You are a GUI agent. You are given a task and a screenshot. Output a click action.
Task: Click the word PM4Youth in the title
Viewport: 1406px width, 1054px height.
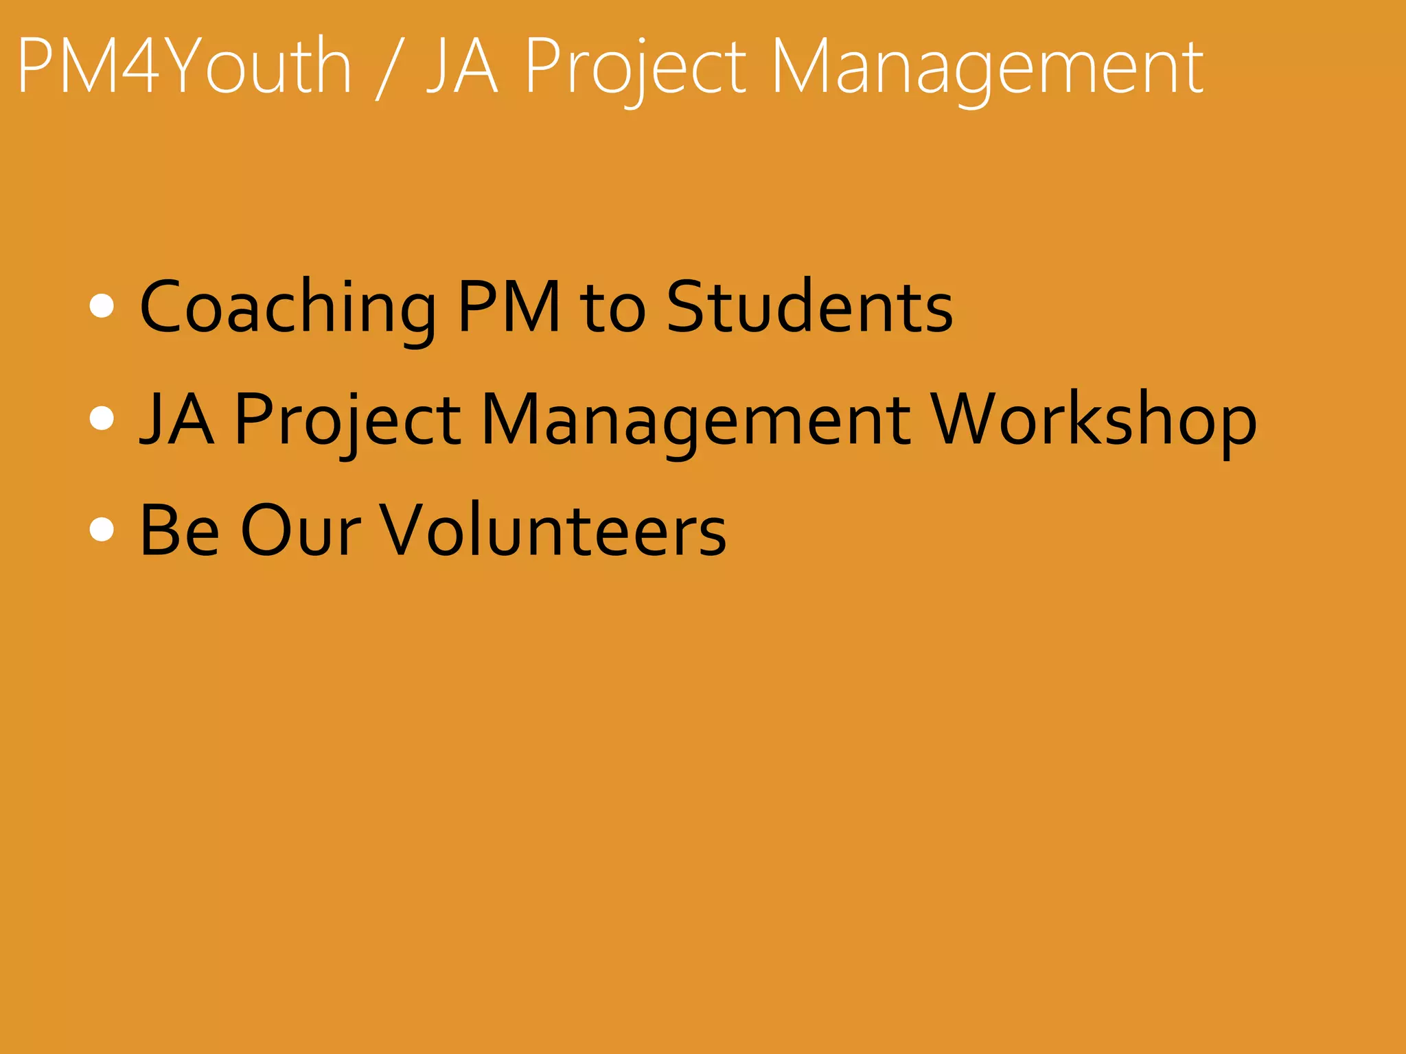coord(184,67)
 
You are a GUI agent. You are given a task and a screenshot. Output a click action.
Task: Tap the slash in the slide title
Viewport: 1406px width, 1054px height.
coord(389,69)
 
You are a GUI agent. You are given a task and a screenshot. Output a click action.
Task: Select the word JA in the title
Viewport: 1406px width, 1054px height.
coord(462,67)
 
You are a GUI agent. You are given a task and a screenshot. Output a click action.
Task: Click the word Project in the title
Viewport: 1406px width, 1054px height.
coord(635,69)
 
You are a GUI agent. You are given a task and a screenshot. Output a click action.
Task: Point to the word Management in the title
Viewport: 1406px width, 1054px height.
coord(987,69)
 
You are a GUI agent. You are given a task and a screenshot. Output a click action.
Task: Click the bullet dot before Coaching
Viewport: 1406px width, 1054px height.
coord(102,306)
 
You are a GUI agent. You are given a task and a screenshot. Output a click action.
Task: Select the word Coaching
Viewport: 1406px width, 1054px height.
coord(288,307)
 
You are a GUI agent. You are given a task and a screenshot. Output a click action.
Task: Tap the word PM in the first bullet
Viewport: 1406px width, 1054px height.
coord(509,307)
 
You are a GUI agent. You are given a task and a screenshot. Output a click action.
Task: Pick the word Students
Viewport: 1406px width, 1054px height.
coord(809,307)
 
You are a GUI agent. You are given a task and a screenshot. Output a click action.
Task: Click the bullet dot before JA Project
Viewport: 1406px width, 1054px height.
coord(102,418)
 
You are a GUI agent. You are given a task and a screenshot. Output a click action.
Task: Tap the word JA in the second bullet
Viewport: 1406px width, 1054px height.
coord(176,419)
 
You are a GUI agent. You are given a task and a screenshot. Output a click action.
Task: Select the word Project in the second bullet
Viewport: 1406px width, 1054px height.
coord(347,421)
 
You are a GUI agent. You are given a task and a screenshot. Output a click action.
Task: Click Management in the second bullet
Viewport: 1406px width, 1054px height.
coord(695,421)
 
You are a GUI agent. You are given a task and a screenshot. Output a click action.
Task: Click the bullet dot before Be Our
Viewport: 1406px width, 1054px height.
coord(102,530)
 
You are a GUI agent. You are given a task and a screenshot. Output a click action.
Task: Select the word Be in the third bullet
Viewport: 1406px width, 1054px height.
coord(179,530)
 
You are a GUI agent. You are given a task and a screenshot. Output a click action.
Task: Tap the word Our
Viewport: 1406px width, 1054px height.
coord(300,530)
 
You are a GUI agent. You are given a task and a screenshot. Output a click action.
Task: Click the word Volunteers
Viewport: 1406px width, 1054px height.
coord(553,530)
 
